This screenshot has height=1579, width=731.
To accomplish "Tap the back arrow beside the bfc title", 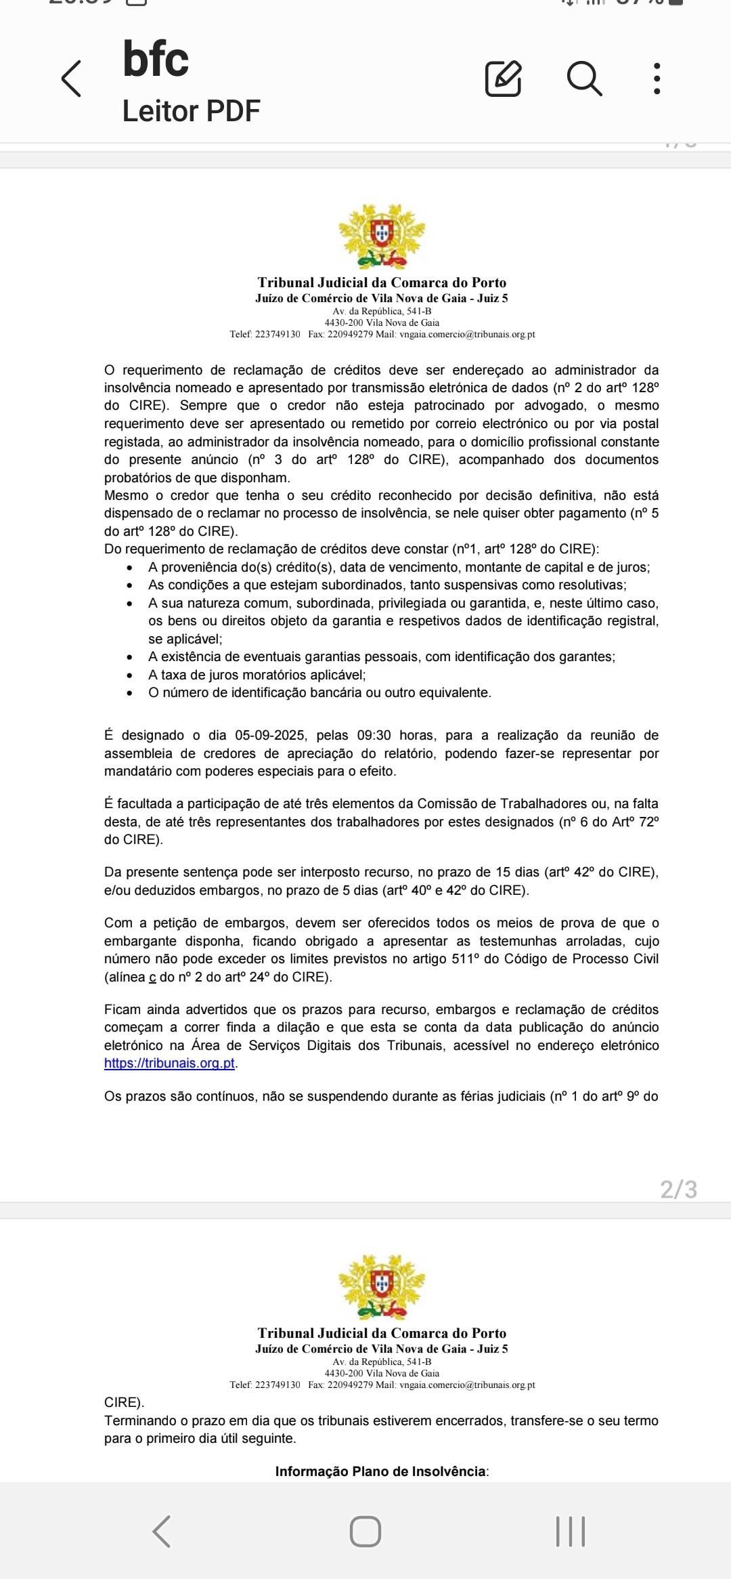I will [x=72, y=79].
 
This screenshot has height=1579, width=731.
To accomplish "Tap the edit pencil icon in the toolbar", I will [x=503, y=79].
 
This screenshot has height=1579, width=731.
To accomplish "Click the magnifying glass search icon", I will [x=584, y=79].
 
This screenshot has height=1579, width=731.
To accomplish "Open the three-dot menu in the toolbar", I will [x=657, y=79].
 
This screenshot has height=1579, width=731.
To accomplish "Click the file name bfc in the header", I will [x=156, y=60].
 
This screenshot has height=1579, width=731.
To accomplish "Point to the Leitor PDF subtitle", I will [x=191, y=111].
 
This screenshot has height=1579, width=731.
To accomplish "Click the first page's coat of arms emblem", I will [x=382, y=236].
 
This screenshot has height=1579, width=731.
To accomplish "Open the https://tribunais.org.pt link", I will [x=169, y=1063].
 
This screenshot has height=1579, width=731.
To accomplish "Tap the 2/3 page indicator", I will [x=678, y=1189].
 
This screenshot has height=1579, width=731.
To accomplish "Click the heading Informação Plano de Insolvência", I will [x=382, y=1471].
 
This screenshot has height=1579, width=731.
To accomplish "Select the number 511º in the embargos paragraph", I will [x=465, y=959].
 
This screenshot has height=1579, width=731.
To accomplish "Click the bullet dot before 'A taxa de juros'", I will [x=131, y=675].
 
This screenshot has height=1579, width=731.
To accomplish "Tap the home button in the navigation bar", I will [x=365, y=1531].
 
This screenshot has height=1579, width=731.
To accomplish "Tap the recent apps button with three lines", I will [x=570, y=1531].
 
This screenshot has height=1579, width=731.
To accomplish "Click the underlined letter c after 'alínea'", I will [x=152, y=977].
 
